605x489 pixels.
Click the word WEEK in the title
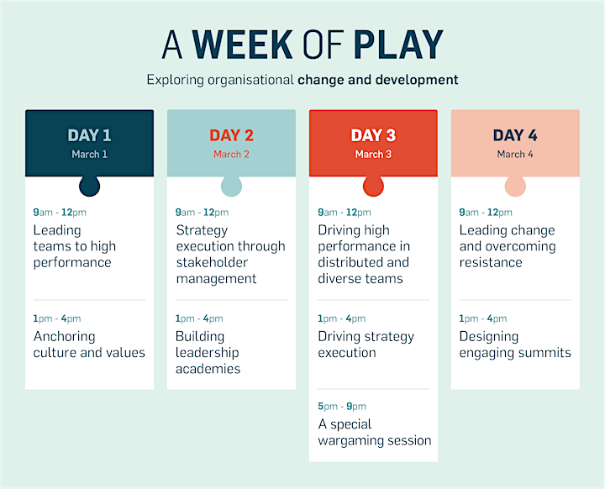click(242, 45)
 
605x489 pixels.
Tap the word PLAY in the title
click(398, 45)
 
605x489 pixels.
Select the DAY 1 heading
click(90, 135)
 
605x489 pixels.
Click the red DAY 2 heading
click(232, 135)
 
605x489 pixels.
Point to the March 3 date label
click(373, 155)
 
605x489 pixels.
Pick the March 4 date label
click(515, 155)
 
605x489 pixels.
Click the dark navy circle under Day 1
click(90, 186)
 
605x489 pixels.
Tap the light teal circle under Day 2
click(232, 186)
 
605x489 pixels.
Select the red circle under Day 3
click(373, 186)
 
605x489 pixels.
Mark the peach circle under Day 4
click(515, 186)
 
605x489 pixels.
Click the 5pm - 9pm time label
click(342, 407)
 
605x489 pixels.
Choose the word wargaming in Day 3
click(352, 441)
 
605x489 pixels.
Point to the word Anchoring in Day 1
click(64, 337)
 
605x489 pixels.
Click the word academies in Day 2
click(208, 369)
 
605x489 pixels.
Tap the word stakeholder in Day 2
click(212, 262)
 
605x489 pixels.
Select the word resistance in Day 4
click(491, 263)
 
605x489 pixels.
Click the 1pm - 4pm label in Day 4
click(482, 318)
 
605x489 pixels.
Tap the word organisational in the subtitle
click(250, 81)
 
